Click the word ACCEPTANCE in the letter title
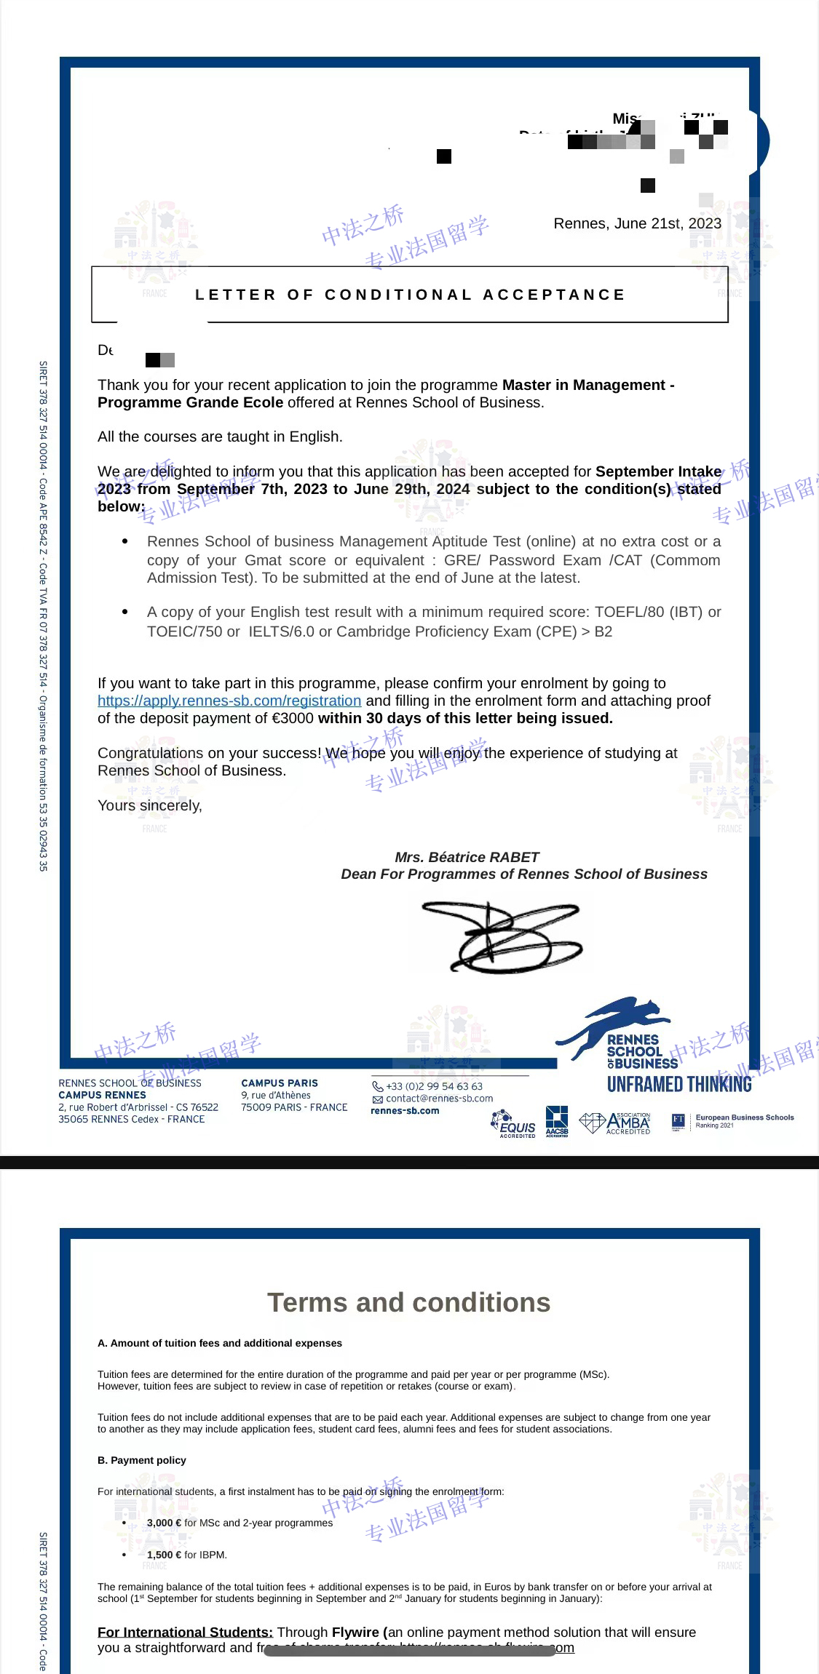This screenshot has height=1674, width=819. coord(553,295)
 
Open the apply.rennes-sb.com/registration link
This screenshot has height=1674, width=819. coord(229,701)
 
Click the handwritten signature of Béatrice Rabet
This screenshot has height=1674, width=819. coord(502,937)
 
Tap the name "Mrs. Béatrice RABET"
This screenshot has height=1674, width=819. coord(467,857)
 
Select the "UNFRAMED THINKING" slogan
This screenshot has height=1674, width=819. coord(679,1085)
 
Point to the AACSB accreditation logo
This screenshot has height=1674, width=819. coord(557,1121)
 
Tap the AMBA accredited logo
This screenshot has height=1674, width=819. coord(616,1123)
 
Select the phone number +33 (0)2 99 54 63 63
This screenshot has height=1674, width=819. coord(434,1086)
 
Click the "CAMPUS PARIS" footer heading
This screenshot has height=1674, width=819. coord(280,1083)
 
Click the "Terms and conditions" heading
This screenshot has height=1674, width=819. coord(408,1302)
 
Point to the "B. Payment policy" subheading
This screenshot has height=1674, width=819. coord(142,1460)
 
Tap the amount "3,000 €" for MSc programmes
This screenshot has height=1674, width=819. coord(164,1523)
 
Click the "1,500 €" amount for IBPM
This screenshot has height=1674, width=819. coord(164,1555)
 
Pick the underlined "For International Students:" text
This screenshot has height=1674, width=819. coord(185,1633)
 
